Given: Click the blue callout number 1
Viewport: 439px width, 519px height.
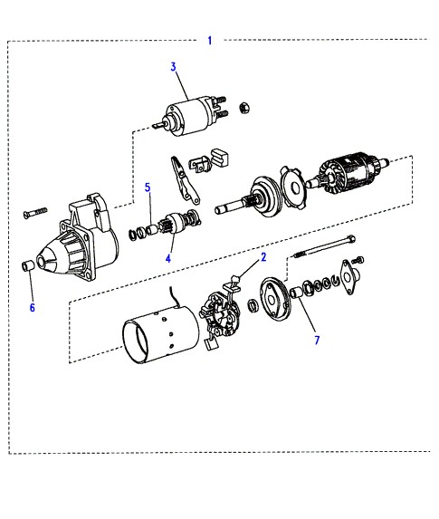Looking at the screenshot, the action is [209, 41].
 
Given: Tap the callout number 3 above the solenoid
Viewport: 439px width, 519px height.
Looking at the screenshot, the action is [174, 67].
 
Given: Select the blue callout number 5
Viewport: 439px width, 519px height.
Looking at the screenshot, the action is [148, 187].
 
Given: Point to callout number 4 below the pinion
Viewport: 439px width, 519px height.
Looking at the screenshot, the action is [168, 258].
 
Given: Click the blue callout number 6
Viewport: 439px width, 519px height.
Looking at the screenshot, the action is [32, 307].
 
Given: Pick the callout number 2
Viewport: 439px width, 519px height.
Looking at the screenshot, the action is [263, 257].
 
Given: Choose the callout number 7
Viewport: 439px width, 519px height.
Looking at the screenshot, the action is [317, 340].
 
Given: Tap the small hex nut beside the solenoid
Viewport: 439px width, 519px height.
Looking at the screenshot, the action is [244, 108].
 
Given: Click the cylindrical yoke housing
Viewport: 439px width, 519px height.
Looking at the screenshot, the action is [161, 334].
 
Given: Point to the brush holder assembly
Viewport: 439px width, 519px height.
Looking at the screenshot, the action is [219, 315].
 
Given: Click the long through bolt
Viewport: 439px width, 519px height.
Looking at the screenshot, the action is [325, 246].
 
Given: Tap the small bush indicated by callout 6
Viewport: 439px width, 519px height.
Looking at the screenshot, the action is [27, 265].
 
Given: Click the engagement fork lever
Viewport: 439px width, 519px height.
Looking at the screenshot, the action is [184, 180].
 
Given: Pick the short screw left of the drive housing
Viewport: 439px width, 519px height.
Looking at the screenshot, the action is [35, 213].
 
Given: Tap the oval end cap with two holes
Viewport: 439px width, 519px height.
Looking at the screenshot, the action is [349, 277].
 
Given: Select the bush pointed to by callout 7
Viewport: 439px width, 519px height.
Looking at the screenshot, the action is [296, 293].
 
